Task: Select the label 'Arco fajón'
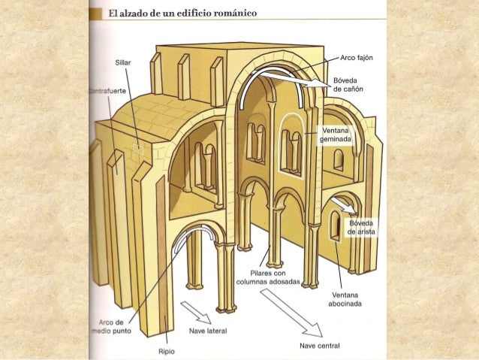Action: [357, 58]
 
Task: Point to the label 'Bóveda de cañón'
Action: [348, 85]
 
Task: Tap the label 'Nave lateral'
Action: [208, 330]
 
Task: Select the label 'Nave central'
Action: [319, 346]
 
